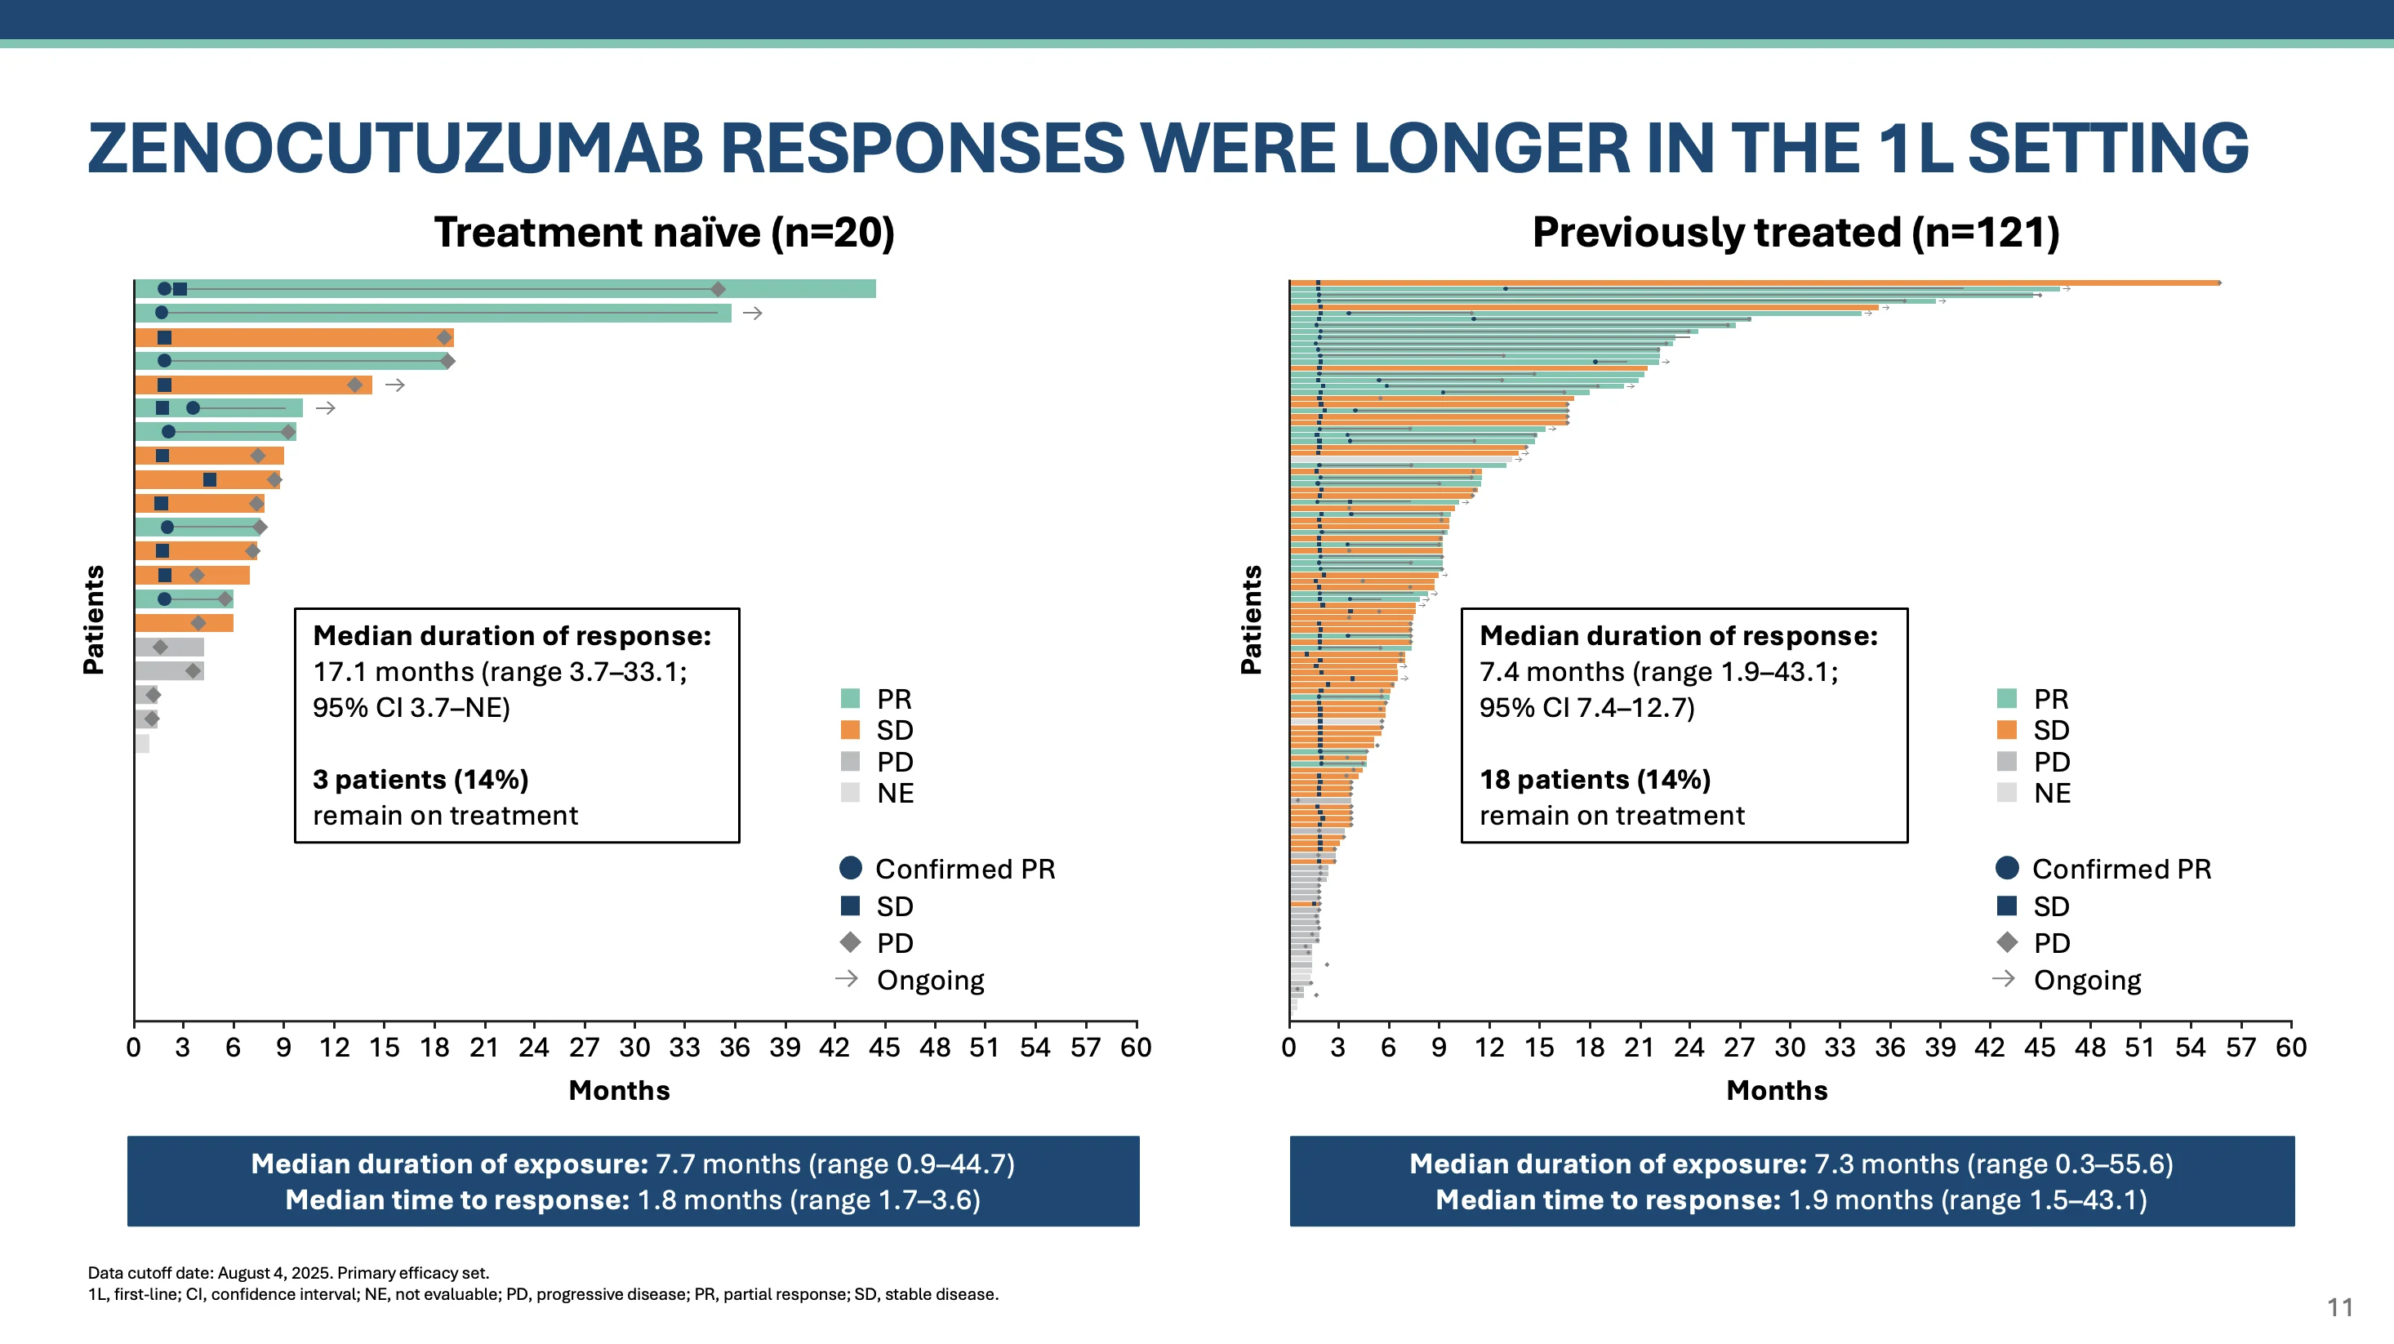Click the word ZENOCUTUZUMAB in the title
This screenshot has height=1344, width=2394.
395,149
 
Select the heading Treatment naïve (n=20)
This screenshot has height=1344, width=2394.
664,233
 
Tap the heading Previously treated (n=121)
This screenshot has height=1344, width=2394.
1795,233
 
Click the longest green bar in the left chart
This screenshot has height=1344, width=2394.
505,289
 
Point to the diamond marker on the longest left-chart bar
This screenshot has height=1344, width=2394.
718,289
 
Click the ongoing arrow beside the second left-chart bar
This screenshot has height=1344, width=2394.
753,314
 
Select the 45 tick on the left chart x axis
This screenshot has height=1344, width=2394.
883,1048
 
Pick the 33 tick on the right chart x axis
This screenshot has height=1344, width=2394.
1839,1048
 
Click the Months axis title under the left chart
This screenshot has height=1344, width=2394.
619,1090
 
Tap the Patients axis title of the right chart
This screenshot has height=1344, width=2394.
1251,619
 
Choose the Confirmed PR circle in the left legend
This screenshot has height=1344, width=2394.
849,868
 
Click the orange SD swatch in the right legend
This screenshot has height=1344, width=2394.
2006,730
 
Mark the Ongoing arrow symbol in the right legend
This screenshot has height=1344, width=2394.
2005,979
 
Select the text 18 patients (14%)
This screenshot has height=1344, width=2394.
1594,779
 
